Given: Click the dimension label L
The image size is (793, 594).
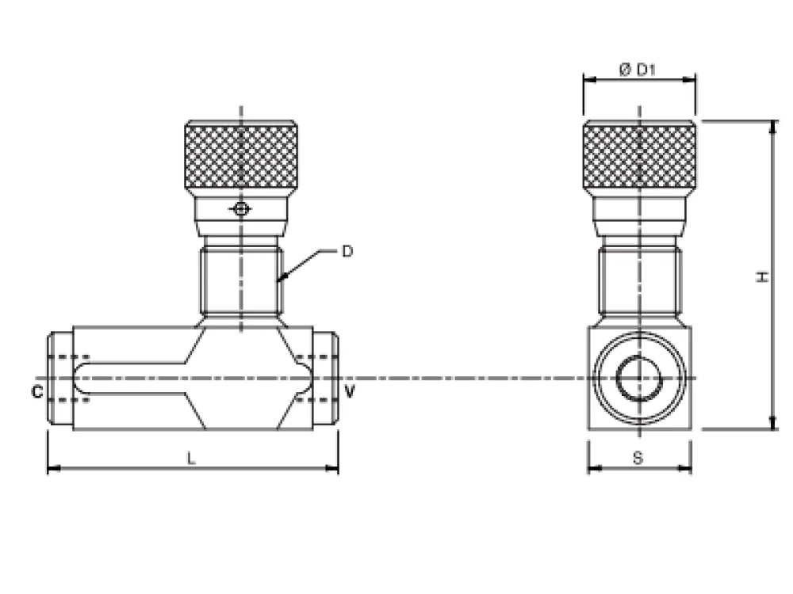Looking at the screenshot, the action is pos(190,459).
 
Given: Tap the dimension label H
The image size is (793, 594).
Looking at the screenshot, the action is pos(762,276).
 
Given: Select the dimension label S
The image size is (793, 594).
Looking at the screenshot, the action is pos(638,458).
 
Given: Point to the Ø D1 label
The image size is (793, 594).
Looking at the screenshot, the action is pos(638,69).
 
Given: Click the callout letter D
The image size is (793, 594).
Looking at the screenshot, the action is pos(347,251).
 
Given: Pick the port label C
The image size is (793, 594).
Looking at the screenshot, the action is pos(37,392).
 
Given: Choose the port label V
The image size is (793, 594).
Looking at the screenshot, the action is pos(350,391).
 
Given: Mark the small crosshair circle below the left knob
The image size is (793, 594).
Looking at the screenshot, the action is pos(241,208).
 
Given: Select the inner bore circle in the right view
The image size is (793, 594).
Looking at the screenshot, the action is pos(638,378).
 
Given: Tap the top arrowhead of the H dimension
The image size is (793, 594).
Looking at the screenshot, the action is pos(772,127).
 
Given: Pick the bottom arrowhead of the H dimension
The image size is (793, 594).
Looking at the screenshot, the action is pos(772,423).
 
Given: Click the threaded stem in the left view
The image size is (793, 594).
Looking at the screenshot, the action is pos(241,281).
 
